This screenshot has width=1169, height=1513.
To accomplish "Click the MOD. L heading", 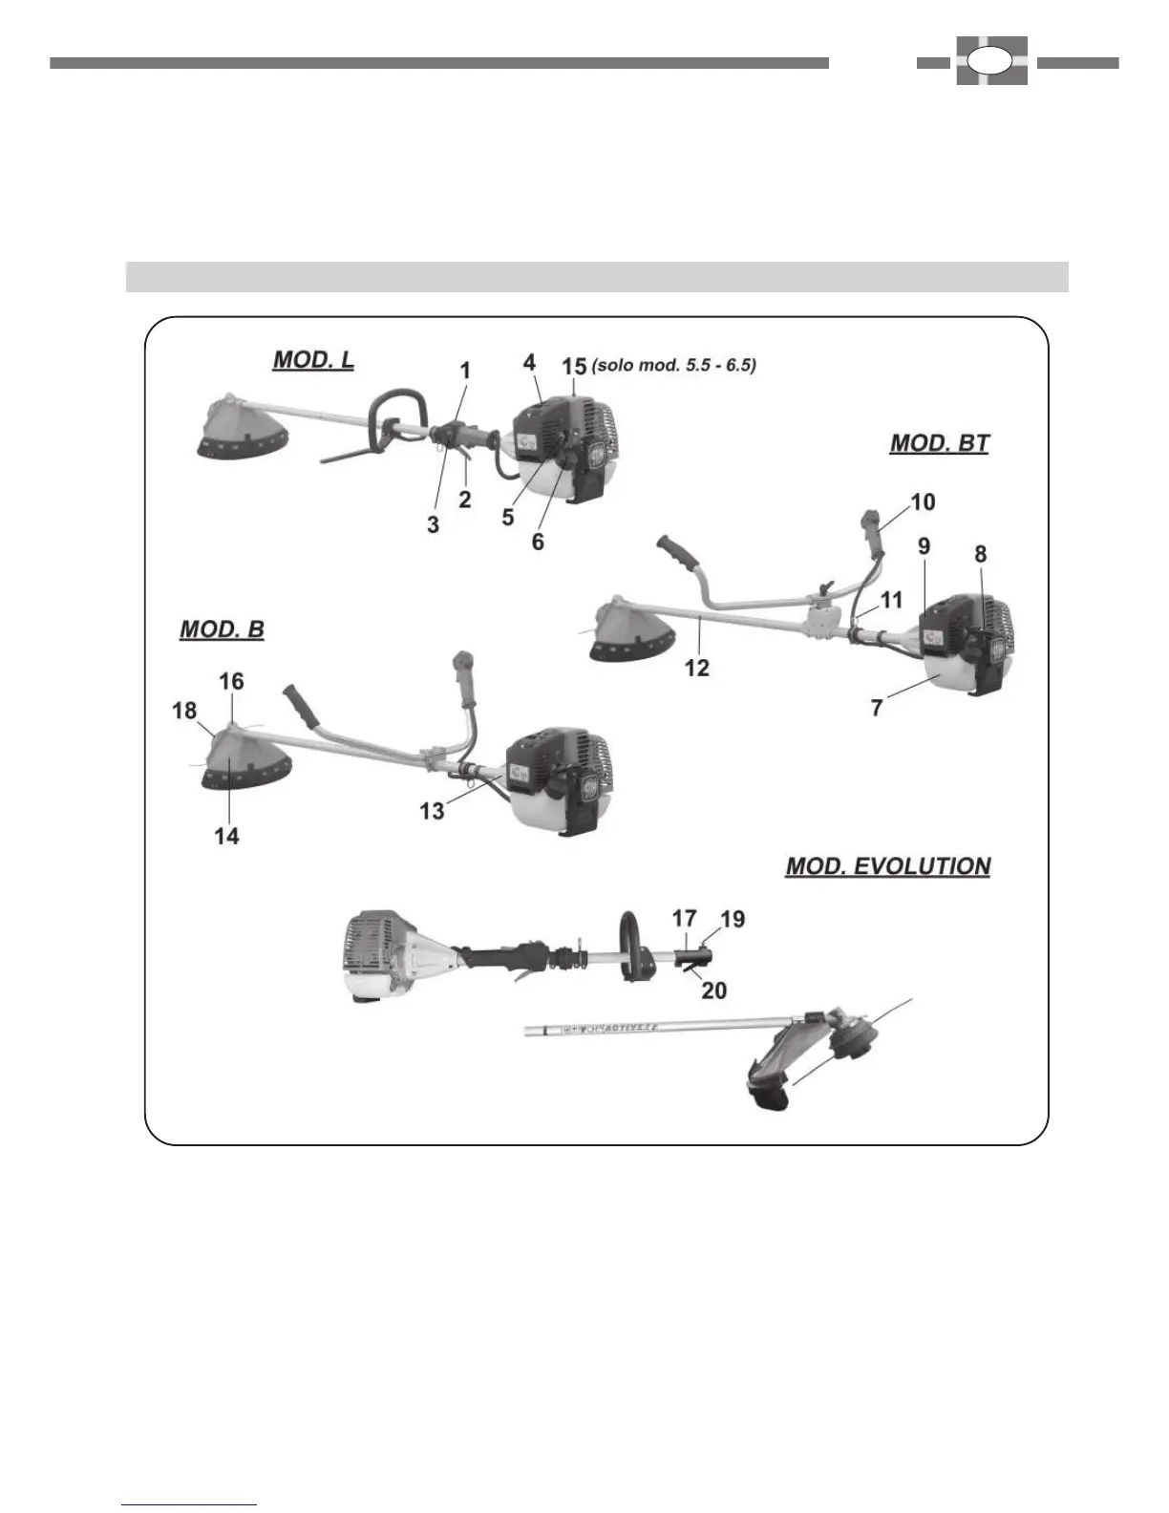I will pos(313,360).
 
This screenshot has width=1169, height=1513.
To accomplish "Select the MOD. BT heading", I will pos(939,443).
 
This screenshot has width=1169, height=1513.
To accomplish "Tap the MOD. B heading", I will pos(222,629).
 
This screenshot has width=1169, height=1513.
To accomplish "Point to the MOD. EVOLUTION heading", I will pos(887,866).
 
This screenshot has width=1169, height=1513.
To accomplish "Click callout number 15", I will pos(574,365).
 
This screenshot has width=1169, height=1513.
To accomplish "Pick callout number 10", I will pos(923,501).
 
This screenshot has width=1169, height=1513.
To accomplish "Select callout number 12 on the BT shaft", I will pos(697,668).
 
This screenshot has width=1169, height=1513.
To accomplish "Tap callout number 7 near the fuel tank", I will pos(877,708).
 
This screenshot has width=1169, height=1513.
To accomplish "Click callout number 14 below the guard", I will pos(226,836).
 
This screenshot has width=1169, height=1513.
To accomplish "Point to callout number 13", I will pos(432,810).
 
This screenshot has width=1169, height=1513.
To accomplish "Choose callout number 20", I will pos(713,991).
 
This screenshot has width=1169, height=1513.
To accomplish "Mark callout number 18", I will pos(184,710).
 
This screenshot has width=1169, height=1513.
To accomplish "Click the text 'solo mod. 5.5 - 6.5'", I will pos(674,365).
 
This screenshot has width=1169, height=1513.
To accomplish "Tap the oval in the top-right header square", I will pos(990,61).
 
